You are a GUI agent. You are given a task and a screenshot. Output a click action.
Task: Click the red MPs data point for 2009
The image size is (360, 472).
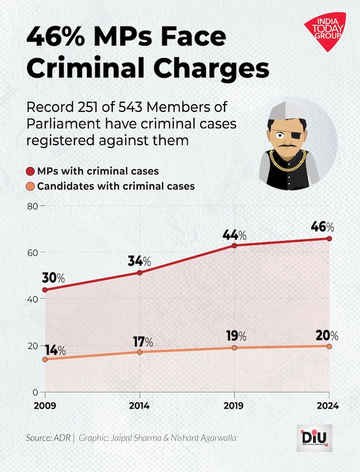click(45, 290)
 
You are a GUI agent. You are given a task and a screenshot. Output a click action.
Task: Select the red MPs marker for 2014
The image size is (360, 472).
click(140, 272)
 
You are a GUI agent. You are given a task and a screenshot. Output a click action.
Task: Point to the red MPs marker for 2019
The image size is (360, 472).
click(234, 245)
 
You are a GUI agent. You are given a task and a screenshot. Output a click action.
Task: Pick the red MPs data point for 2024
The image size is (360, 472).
click(329, 238)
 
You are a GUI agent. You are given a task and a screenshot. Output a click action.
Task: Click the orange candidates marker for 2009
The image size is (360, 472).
click(45, 359)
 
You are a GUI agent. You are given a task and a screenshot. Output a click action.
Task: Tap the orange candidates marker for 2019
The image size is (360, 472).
click(234, 348)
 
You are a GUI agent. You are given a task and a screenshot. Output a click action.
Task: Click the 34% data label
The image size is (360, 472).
click(140, 261)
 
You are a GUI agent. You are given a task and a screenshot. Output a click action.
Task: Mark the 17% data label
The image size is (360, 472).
click(142, 342)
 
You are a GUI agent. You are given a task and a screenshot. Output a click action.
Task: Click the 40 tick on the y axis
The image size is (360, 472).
click(32, 299)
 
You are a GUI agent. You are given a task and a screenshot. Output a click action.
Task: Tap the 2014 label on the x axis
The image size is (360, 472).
click(140, 406)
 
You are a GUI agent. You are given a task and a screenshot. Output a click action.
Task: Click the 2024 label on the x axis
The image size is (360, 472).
click(328, 406)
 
